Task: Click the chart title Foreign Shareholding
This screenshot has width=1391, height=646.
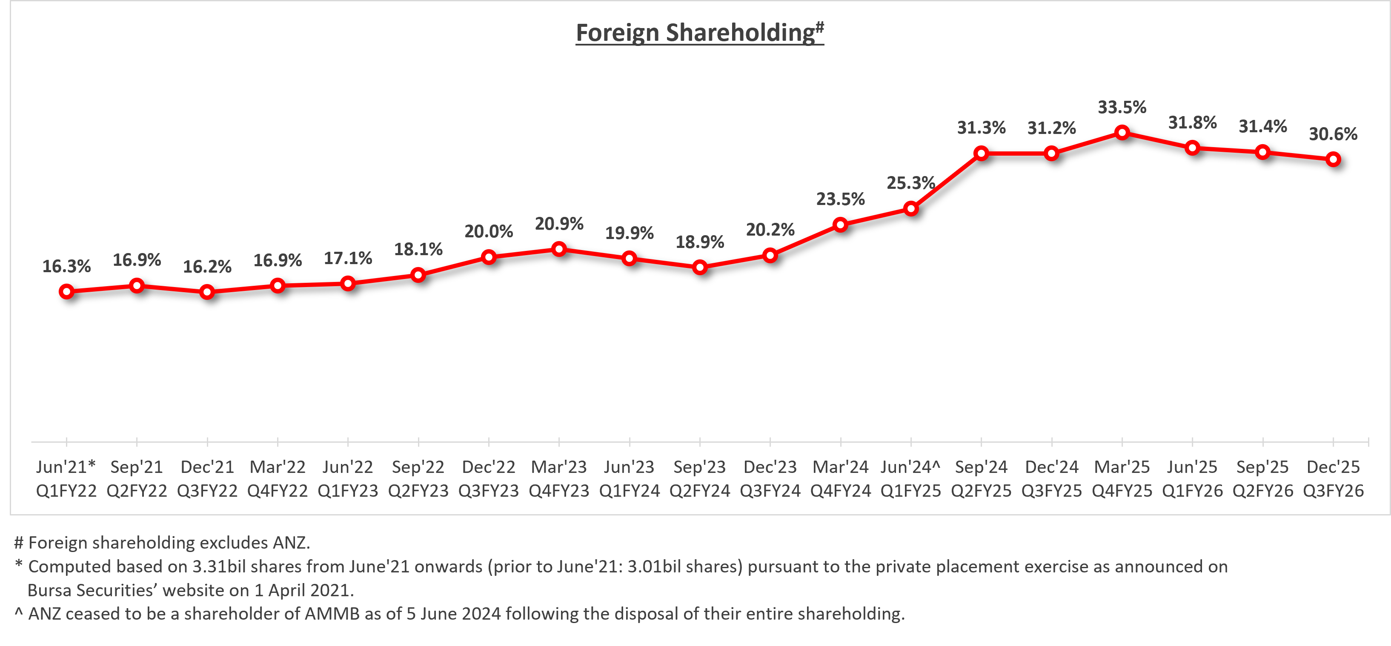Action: coord(699,32)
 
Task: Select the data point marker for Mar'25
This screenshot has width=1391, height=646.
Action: coord(1122,133)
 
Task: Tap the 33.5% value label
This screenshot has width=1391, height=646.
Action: coord(1122,108)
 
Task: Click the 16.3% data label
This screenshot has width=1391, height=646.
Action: coord(66,266)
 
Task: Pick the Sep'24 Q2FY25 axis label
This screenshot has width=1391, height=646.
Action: coord(981,479)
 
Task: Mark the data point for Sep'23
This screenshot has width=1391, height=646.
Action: coord(700,267)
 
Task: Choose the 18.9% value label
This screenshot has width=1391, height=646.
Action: coord(700,242)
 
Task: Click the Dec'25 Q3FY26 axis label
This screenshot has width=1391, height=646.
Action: coord(1333,479)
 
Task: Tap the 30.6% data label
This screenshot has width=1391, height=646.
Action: coord(1333,134)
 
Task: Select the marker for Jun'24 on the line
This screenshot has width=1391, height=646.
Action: coord(911,209)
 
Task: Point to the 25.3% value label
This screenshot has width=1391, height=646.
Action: coord(910,183)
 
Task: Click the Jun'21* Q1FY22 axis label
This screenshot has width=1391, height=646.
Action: coord(66,479)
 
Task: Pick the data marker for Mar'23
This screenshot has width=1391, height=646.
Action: coord(559,249)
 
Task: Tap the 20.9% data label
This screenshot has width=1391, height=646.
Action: coord(559,223)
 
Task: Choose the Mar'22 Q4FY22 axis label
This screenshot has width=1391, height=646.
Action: coord(278,479)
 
